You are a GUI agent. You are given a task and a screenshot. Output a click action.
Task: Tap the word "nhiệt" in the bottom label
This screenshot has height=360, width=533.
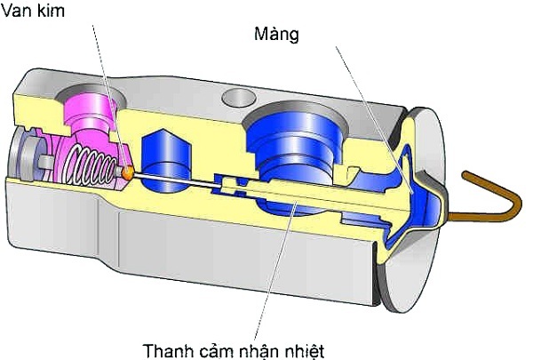pyautogui.click(x=307, y=349)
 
